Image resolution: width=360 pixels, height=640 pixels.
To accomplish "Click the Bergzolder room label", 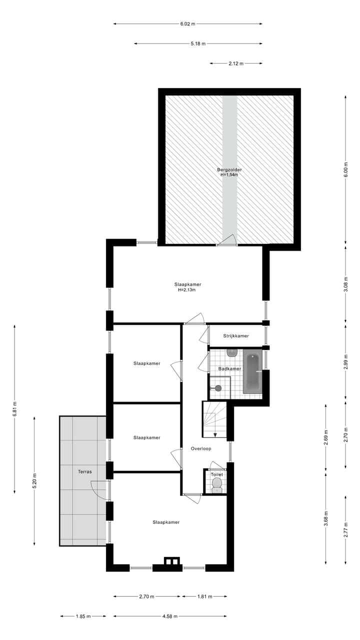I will click(229, 169).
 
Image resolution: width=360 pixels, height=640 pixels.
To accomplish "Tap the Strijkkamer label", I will click(236, 336).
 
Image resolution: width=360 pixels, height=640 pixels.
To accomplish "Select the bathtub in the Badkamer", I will click(252, 371).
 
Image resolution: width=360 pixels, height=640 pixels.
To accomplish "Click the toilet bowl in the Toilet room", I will click(217, 483).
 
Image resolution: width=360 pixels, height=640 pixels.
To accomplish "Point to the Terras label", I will click(84, 471).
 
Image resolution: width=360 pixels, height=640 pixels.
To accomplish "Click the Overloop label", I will click(201, 448).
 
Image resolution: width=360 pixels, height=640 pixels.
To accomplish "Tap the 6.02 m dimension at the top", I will click(187, 23).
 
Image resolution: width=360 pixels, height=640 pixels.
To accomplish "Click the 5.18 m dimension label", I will click(198, 43).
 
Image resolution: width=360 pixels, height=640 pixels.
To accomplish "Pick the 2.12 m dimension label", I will click(235, 63).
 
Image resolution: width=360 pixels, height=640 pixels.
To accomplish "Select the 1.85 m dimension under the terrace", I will click(83, 616).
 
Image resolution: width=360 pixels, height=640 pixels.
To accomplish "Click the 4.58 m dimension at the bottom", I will click(170, 616).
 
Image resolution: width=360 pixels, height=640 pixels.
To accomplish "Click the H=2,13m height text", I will click(186, 290).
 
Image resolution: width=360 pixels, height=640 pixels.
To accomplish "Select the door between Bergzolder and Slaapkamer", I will click(227, 241).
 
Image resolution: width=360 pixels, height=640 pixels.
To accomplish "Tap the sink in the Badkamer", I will click(231, 353).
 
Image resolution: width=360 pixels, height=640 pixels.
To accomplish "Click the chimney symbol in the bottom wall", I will click(171, 561).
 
